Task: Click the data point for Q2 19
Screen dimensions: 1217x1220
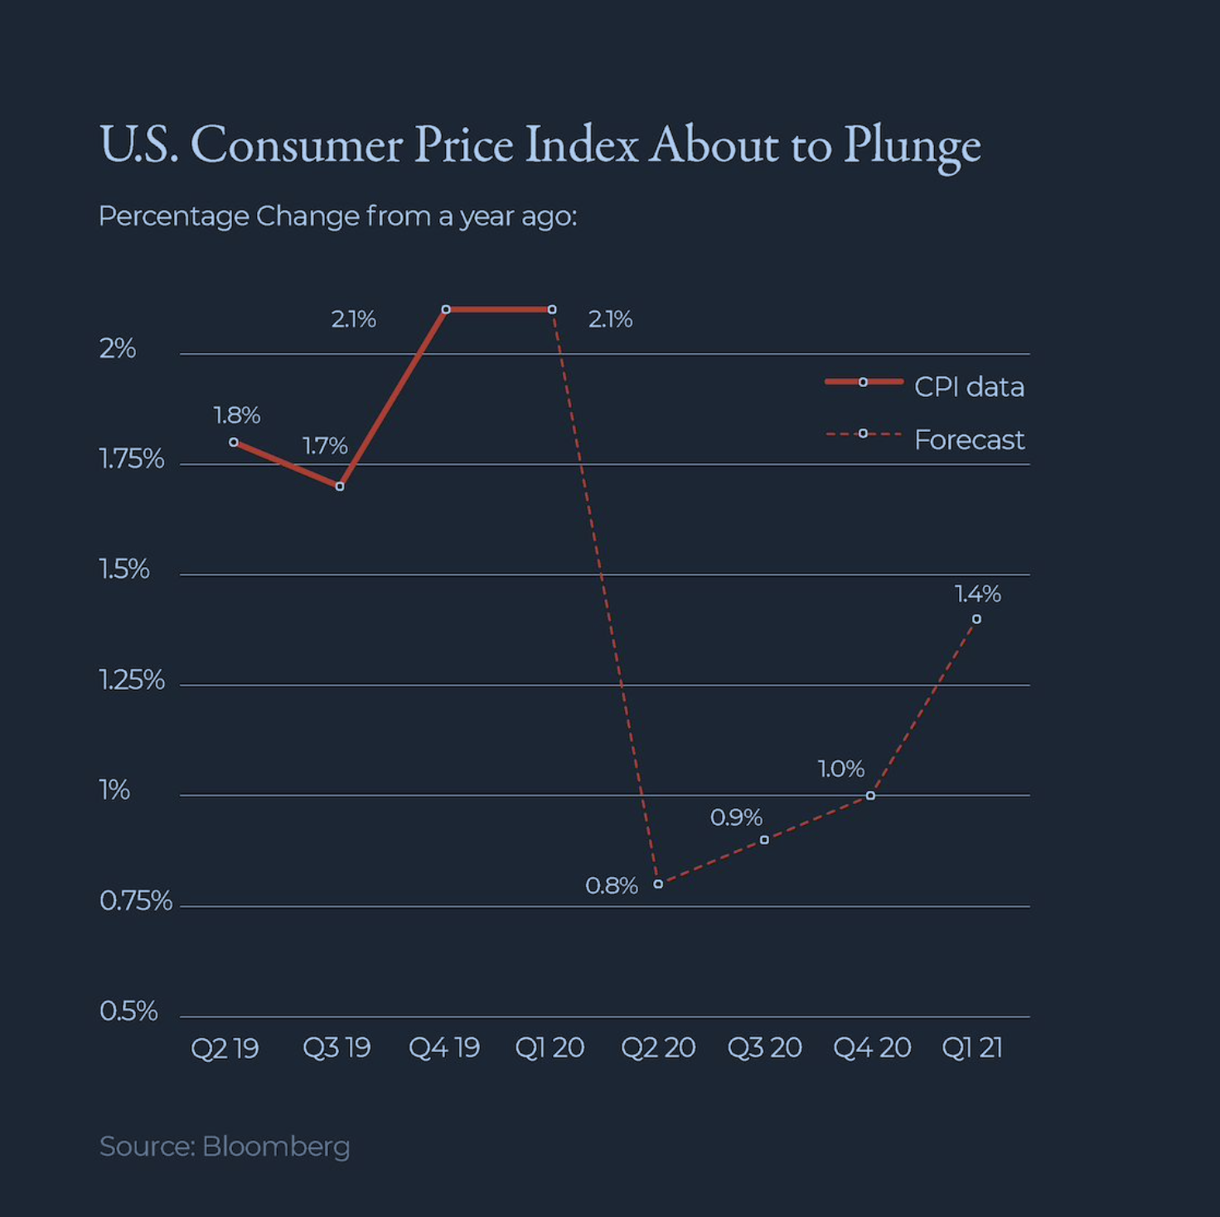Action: point(234,443)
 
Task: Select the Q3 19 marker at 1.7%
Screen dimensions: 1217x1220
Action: point(340,487)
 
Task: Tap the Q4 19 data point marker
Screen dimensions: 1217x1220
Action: point(446,309)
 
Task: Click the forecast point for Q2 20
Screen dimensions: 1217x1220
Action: point(658,884)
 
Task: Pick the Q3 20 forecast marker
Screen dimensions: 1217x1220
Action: point(764,840)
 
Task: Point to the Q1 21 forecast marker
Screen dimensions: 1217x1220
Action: point(976,619)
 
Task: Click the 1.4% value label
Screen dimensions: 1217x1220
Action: point(977,594)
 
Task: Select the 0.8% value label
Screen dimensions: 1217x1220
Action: point(612,885)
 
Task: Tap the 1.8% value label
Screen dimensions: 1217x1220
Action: point(236,415)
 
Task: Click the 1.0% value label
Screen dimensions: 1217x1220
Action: point(840,769)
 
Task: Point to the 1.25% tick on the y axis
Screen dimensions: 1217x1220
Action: point(132,680)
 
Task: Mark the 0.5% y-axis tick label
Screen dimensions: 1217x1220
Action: point(128,1011)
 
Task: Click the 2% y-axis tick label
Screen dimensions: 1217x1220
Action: point(117,348)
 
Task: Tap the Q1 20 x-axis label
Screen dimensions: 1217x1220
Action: point(549,1048)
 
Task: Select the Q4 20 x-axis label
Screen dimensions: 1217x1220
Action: point(871,1048)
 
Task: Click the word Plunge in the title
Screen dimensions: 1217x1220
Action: point(912,145)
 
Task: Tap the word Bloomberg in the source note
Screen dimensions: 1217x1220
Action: point(276,1147)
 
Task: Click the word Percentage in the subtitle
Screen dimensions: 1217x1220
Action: point(173,216)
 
